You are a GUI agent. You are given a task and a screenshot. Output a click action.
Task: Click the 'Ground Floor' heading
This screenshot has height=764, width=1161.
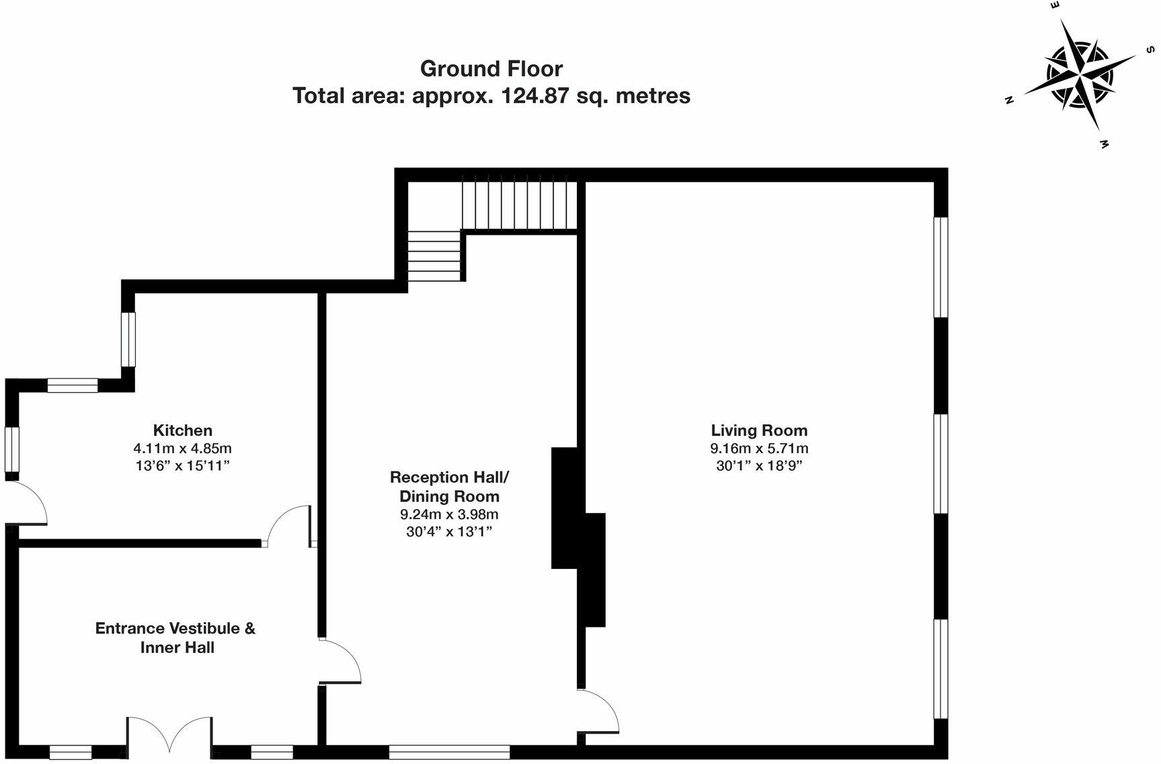click(x=491, y=69)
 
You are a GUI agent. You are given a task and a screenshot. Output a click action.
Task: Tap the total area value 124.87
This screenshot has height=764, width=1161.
click(x=536, y=95)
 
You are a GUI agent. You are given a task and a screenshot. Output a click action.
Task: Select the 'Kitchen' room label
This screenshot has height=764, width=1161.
click(x=183, y=430)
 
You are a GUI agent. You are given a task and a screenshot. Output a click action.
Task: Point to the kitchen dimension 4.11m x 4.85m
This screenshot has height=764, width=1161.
click(x=183, y=448)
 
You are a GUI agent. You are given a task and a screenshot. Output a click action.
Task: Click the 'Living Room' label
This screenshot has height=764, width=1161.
click(x=759, y=430)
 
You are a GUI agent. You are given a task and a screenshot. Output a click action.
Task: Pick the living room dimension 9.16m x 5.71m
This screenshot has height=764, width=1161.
click(x=759, y=448)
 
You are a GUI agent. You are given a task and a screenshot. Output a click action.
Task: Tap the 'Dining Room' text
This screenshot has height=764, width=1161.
click(x=449, y=496)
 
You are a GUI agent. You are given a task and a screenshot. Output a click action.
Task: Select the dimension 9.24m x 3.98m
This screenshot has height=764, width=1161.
click(x=449, y=514)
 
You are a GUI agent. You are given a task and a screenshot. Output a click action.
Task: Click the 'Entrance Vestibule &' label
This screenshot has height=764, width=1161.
click(x=175, y=628)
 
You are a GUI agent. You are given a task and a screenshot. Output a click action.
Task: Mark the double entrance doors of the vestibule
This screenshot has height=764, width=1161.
click(x=170, y=735)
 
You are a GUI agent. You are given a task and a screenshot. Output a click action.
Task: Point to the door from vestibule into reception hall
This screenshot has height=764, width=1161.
click(x=340, y=662)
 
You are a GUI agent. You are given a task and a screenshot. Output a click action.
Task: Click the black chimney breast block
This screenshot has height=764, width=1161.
click(x=577, y=536)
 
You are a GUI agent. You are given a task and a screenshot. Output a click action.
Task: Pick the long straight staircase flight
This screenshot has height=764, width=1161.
click(x=519, y=202)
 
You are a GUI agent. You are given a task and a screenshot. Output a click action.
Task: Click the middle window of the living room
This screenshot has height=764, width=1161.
click(x=941, y=464)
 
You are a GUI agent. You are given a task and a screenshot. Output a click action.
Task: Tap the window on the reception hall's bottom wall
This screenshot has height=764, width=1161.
click(x=449, y=752)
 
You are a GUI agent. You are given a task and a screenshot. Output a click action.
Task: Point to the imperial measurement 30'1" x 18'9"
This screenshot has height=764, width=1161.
click(x=759, y=465)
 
